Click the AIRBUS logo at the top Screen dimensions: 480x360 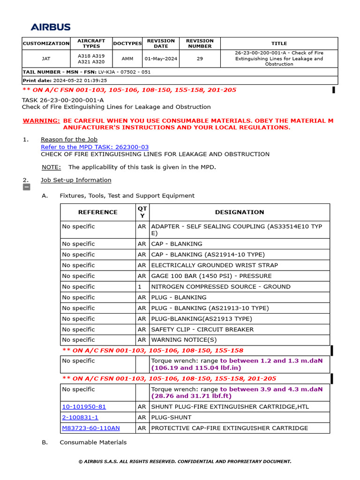tap(51, 27)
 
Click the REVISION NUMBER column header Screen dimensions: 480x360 tap(199, 43)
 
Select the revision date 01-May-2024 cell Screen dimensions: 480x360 tap(161, 59)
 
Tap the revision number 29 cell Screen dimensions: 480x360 tap(199, 59)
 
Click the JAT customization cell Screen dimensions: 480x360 tap(46, 59)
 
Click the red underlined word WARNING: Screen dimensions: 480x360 tap(41, 121)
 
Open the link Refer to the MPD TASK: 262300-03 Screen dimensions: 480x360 tap(95, 147)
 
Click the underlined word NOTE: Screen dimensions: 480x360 tap(51, 167)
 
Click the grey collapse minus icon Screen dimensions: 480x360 tap(27, 187)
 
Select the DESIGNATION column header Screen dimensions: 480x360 tap(240, 212)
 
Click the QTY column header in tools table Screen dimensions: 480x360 tap(142, 212)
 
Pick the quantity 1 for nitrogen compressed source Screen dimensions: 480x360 tap(139, 286)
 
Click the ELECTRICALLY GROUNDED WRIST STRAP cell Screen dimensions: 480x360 tap(214, 265)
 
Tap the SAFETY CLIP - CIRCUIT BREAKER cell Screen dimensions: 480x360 tap(202, 330)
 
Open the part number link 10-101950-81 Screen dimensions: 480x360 tap(84, 407)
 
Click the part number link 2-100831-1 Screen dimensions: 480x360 tap(80, 417)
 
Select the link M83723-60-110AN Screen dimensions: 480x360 tap(90, 428)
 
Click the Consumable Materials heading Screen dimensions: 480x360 tap(93, 442)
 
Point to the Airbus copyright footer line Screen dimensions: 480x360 tap(185, 462)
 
